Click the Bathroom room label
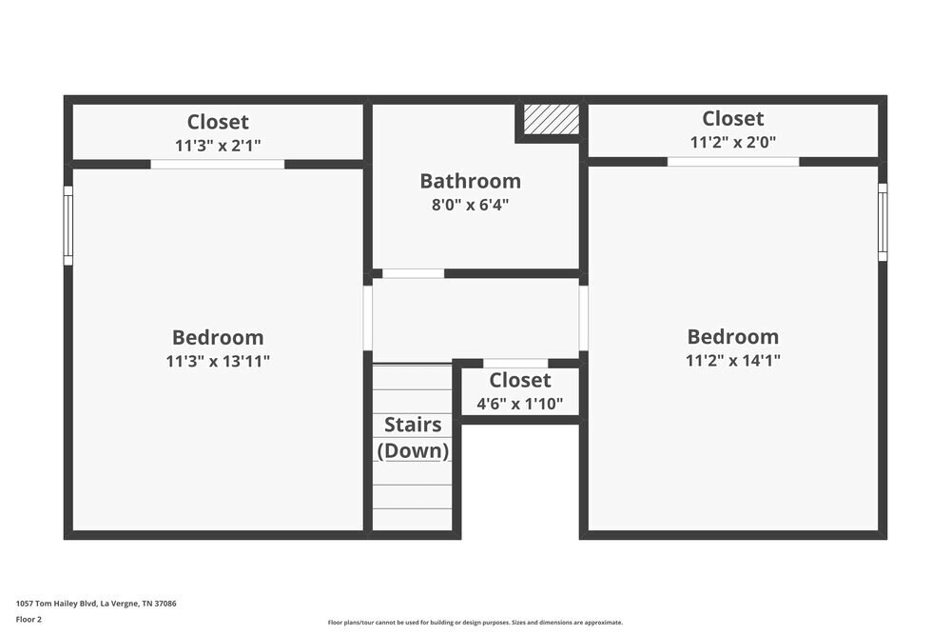point(470,181)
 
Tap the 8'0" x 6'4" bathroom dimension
point(470,205)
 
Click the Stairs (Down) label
point(414,437)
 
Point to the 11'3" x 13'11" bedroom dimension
point(218,362)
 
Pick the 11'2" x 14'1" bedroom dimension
point(733,361)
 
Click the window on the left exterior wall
point(68,226)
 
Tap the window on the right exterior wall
point(883,222)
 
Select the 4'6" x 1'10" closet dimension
point(519,404)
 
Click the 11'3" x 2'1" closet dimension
point(218,146)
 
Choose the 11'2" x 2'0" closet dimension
point(733,143)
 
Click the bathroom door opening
point(413,274)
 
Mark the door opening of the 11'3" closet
point(218,164)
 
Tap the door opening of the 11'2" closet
point(733,162)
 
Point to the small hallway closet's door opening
point(515,363)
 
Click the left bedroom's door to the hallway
point(368,318)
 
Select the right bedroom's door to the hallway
point(584,318)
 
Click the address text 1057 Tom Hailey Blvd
point(96,604)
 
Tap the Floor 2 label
point(29,619)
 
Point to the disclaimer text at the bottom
point(475,623)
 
